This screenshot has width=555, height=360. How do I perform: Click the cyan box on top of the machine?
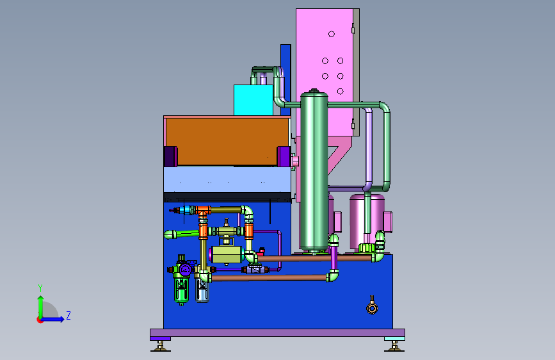(x=253, y=100)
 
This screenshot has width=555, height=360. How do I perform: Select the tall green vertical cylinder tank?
(x=314, y=171)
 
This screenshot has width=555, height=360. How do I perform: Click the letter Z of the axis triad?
(x=68, y=315)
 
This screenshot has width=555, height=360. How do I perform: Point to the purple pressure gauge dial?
(x=185, y=270)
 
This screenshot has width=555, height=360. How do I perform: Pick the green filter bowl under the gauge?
(x=181, y=290)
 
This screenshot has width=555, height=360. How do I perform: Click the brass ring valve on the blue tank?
(x=372, y=308)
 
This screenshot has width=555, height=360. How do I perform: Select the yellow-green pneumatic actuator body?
(x=227, y=254)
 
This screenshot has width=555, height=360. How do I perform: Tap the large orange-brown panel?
(x=227, y=142)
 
